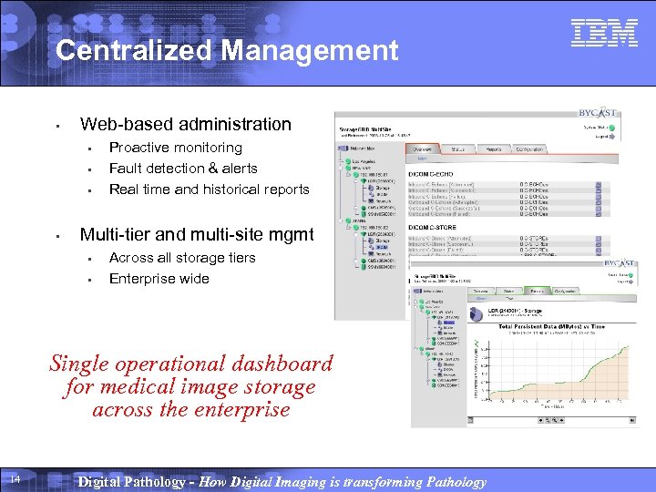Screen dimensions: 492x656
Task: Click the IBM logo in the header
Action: click(x=604, y=34)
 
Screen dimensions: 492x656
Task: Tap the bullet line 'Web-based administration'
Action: click(x=186, y=125)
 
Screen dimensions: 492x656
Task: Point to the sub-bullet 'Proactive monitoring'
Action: click(x=176, y=148)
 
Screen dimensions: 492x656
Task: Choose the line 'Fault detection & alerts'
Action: click(x=183, y=169)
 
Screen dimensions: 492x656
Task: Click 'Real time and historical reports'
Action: click(x=210, y=190)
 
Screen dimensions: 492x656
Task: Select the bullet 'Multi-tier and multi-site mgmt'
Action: click(x=197, y=235)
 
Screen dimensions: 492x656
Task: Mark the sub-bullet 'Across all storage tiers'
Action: click(x=182, y=258)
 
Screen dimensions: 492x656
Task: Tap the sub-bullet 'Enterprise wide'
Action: click(x=159, y=279)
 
